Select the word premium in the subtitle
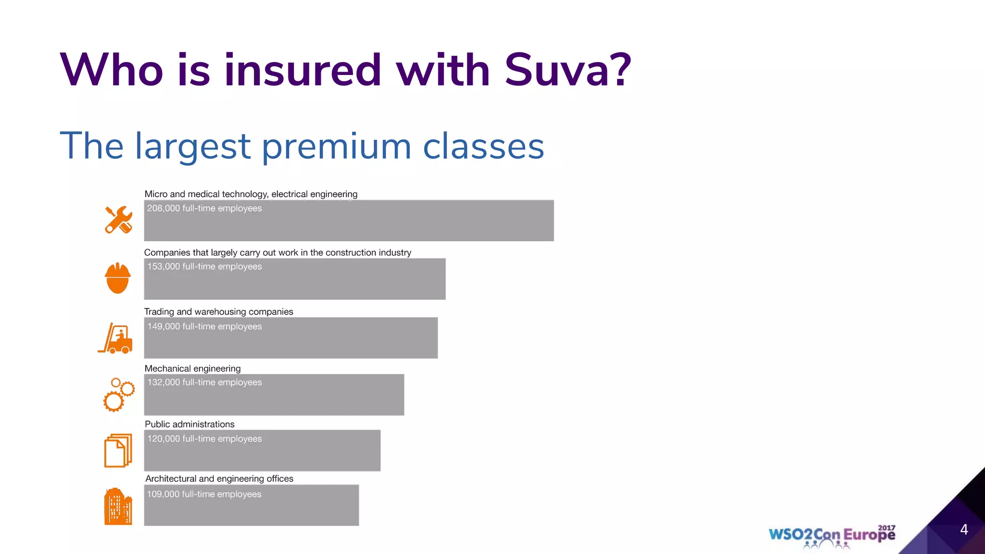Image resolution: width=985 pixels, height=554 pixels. click(336, 146)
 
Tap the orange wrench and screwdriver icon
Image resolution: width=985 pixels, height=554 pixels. click(118, 220)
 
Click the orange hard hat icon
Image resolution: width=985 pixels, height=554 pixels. click(118, 278)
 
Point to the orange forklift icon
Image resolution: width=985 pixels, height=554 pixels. click(116, 338)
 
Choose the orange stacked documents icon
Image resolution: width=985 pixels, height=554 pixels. click(118, 451)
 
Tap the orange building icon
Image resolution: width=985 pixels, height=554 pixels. click(118, 506)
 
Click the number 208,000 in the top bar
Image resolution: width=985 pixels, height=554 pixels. click(164, 208)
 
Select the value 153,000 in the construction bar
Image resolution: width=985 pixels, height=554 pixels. click(164, 266)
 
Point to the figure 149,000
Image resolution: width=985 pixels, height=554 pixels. click(164, 327)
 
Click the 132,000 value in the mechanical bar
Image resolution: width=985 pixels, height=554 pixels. click(164, 382)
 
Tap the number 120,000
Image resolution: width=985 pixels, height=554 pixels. click(164, 439)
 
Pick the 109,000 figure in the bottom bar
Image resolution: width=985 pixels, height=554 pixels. click(163, 494)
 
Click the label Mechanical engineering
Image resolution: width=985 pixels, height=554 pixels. click(192, 368)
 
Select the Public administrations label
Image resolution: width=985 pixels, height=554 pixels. click(189, 424)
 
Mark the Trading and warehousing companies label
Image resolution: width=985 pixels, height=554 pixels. click(218, 312)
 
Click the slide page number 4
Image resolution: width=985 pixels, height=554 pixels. click(964, 529)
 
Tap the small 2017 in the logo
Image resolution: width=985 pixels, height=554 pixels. click(886, 528)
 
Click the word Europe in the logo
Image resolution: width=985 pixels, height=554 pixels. click(869, 535)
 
